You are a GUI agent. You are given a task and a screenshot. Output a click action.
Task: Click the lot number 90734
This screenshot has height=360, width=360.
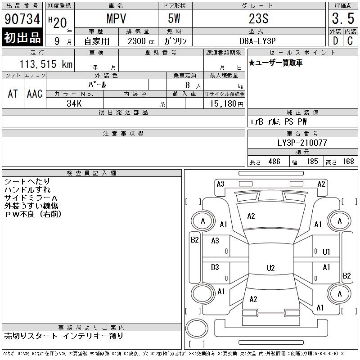pos(22,19)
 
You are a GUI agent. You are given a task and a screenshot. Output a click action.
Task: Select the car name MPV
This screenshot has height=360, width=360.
pos(117,18)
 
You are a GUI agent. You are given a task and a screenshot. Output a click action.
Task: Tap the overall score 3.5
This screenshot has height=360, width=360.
pos(343,18)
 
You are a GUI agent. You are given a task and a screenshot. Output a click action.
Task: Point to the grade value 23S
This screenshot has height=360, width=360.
pos(259,18)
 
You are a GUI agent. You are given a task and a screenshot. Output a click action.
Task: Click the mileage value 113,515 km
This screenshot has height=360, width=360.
pos(46,64)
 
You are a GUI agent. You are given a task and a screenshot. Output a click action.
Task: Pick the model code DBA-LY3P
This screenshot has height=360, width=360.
pos(257,41)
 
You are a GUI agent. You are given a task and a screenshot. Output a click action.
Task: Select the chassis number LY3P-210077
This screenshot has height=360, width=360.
pos(302,143)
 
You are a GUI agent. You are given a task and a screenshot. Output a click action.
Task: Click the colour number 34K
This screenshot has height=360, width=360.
pos(74,103)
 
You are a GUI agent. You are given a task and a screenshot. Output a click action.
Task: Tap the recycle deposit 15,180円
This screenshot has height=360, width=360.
pos(227,104)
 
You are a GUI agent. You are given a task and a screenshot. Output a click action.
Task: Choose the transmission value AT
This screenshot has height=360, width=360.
pos(13,94)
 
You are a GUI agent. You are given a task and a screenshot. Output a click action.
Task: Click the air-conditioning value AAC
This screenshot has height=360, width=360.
pos(35,94)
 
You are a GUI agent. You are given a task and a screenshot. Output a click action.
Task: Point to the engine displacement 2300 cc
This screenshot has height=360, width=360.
pos(141,41)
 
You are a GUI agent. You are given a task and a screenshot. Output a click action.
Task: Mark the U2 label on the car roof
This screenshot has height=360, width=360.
pos(271,268)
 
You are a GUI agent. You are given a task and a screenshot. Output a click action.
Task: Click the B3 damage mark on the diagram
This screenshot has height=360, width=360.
pos(215,267)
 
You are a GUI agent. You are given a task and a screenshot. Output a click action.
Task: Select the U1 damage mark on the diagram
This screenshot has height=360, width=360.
pos(326,252)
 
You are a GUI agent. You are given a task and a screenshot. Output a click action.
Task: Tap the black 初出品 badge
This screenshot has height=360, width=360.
pos(22,37)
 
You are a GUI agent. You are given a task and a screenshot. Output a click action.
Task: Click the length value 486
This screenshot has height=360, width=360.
pos(274,162)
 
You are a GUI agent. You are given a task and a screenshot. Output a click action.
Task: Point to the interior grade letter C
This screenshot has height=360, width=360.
pos(350,41)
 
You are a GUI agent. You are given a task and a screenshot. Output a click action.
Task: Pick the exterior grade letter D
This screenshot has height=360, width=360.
pos(335,41)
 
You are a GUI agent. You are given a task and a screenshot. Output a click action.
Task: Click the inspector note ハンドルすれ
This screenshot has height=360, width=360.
pos(27,189)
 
